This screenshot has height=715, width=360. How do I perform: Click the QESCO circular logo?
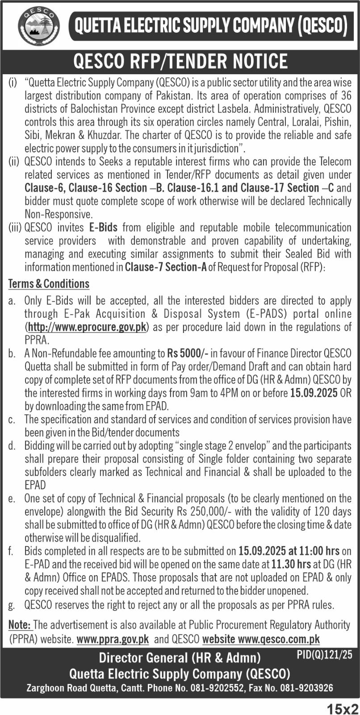(38, 26)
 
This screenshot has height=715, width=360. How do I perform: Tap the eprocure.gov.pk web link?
(88, 327)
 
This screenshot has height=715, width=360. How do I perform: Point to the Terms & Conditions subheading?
(49, 284)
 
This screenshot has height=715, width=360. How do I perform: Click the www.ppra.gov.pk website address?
(113, 639)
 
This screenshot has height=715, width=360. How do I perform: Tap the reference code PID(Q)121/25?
(324, 655)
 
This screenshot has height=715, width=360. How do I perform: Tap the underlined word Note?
(20, 624)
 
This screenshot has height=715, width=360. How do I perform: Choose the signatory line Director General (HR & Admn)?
(180, 657)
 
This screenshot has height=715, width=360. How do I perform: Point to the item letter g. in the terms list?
(12, 605)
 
